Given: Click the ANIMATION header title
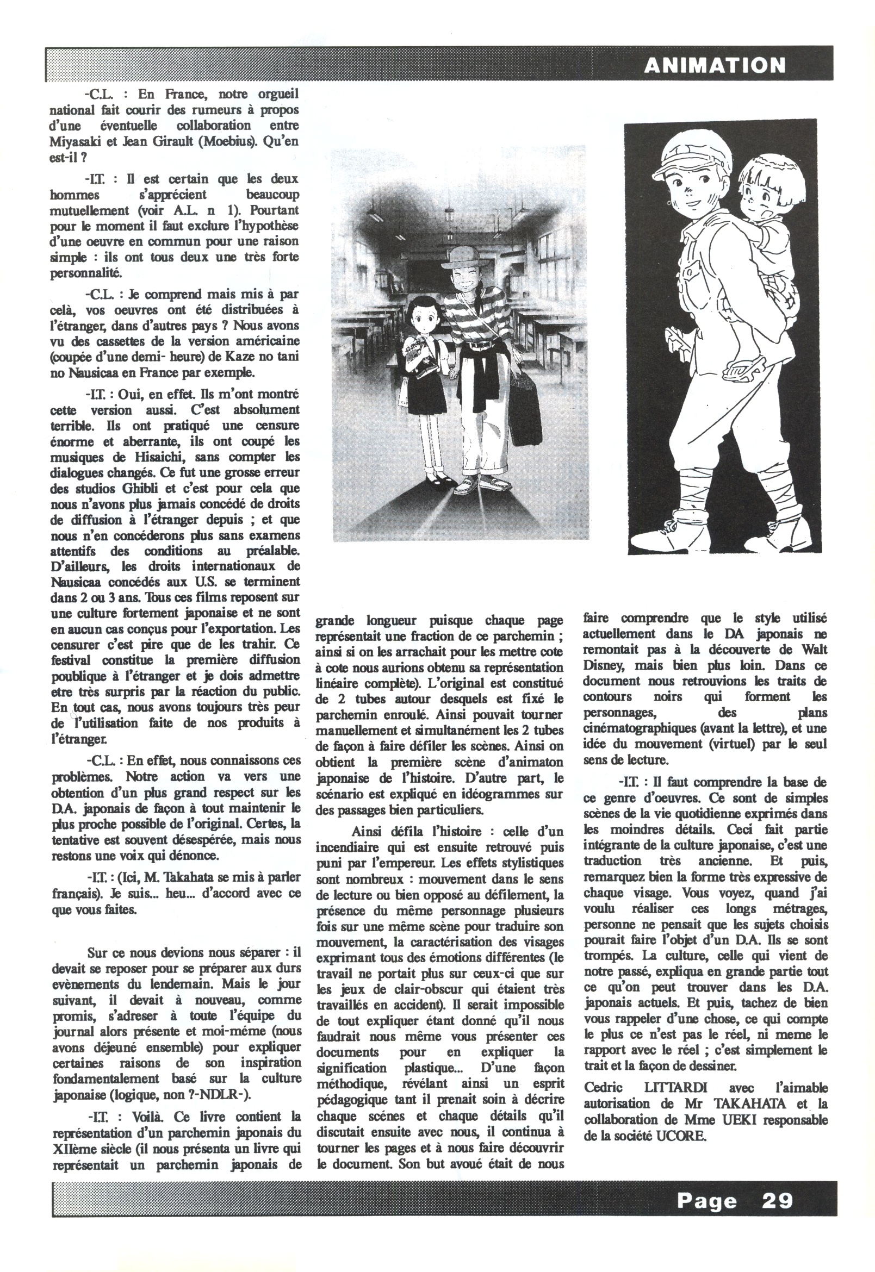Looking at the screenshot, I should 715,66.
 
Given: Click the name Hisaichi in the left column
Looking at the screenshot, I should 135,457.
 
